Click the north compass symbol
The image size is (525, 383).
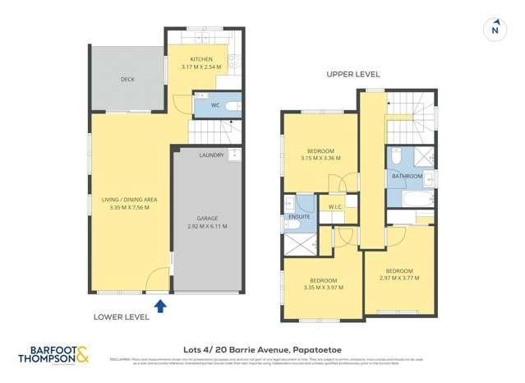tap(494, 30)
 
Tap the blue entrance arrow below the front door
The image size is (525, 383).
tap(160, 306)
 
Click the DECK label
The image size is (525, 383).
tap(127, 80)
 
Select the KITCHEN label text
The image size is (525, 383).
tap(201, 60)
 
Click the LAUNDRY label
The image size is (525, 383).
tap(211, 155)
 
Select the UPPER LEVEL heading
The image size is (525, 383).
tap(352, 74)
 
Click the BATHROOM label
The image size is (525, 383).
tap(407, 177)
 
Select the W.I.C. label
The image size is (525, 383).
tap(334, 207)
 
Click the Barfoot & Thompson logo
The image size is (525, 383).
tap(53, 355)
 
